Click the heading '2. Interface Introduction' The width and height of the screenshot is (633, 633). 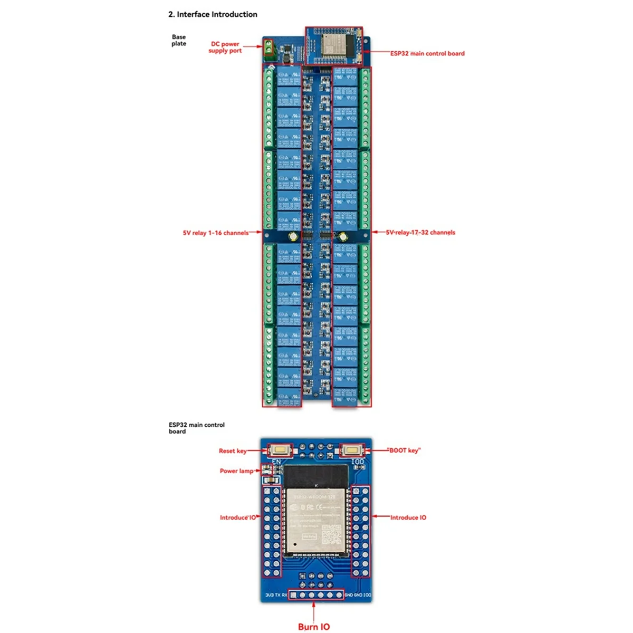(213, 14)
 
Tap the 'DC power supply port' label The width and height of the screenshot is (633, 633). (225, 47)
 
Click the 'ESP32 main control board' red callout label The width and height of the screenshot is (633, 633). (427, 53)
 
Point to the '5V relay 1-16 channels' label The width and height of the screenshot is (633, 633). (215, 233)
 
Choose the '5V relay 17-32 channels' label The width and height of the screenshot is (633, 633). (420, 232)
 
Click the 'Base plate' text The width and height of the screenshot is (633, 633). (179, 40)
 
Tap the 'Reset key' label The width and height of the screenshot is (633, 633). (232, 451)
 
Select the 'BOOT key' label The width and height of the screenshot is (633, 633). (404, 450)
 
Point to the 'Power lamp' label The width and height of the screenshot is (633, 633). (236, 471)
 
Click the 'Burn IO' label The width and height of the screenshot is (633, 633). (314, 627)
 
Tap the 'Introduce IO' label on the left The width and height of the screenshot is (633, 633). (237, 517)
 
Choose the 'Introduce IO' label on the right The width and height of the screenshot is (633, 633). (408, 517)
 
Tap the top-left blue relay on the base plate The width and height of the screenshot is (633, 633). (289, 76)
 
